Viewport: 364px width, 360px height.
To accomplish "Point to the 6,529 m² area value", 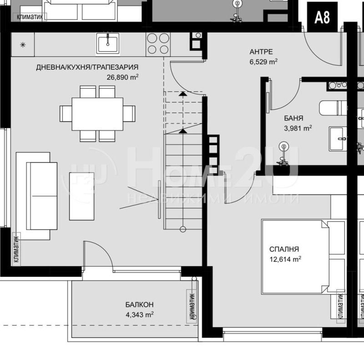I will click(263, 61).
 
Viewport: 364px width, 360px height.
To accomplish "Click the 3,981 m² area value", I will click(298, 128).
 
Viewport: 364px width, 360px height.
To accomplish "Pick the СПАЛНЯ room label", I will click(284, 249).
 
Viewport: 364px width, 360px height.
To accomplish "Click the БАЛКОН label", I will click(139, 305).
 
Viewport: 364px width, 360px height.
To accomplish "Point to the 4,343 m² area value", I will click(139, 314).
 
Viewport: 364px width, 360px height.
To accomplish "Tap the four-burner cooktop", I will click(157, 44).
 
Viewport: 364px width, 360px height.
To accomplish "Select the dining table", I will click(98, 113).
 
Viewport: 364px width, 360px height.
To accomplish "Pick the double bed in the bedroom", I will click(302, 257).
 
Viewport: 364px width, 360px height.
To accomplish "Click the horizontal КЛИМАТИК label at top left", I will click(30, 17).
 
